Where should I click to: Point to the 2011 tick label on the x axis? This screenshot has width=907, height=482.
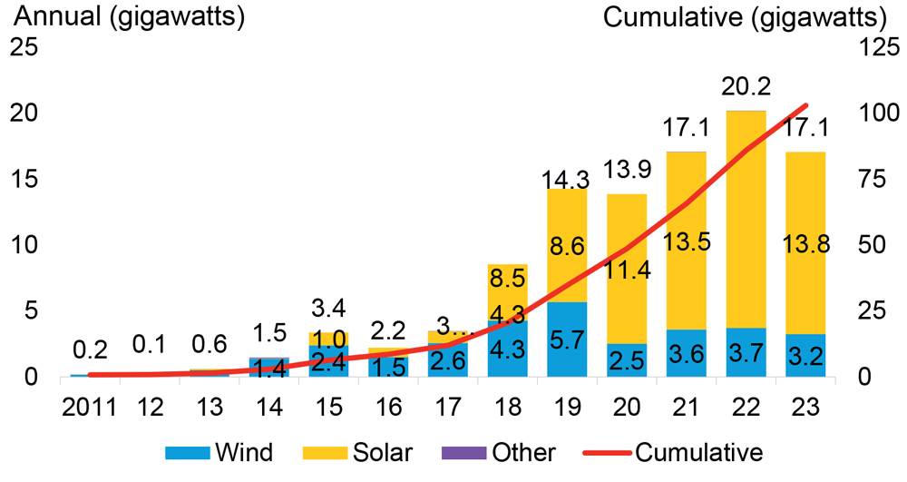click(88, 405)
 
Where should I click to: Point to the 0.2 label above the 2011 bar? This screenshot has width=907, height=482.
click(88, 349)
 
